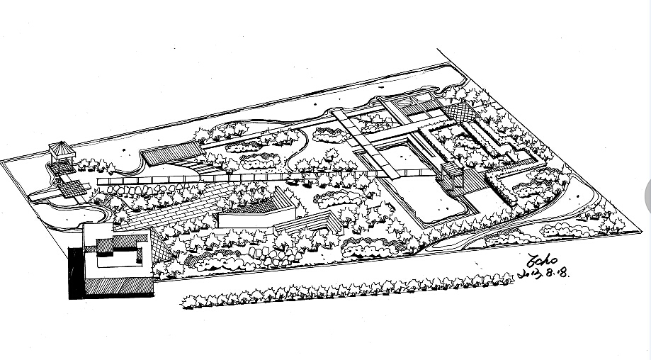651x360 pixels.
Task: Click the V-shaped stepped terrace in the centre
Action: click(312, 223)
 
